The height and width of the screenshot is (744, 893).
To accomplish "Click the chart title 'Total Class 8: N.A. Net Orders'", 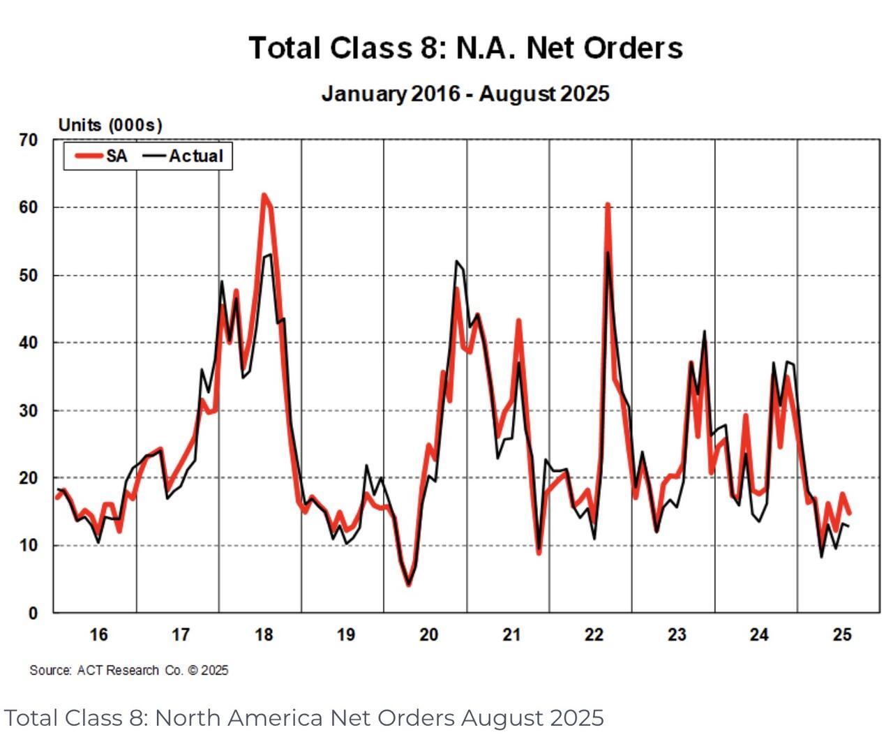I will coord(465,48).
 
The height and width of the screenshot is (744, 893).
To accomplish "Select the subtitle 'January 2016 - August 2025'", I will coord(465,94).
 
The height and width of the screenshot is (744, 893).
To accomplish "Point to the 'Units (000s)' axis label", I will coord(110,125).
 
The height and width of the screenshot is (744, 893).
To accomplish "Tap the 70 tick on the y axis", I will coord(29,140).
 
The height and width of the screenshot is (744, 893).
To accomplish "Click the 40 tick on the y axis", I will coord(29,343).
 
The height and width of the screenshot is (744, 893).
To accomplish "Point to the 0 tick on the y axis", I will coord(33,613).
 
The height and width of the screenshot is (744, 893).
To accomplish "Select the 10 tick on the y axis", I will coord(29,546).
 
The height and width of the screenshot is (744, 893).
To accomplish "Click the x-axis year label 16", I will coord(98,634).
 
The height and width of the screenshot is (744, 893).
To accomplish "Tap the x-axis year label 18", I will coord(264,634).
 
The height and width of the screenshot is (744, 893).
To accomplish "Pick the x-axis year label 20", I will coord(428,634).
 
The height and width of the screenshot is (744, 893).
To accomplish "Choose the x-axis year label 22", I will coord(594,634).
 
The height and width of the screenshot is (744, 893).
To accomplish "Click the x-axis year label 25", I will coord(842,634).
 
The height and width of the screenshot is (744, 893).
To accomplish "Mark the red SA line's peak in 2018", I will coord(264,195).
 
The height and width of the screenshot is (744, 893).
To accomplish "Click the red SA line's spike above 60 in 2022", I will coord(608,205).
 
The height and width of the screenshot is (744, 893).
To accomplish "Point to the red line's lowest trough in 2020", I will coord(409,584).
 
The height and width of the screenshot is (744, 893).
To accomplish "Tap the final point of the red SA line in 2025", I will coord(849,513).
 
